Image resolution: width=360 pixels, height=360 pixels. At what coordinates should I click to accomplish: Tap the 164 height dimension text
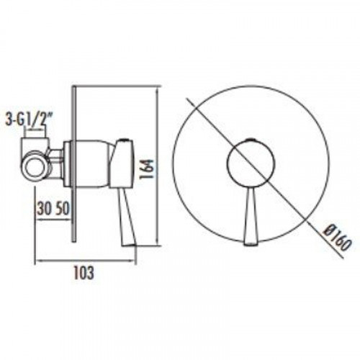tap(146, 168)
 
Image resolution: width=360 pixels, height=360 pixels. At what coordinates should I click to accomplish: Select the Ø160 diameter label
tap(337, 238)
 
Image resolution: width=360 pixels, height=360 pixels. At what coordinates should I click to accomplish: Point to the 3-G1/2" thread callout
tap(29, 120)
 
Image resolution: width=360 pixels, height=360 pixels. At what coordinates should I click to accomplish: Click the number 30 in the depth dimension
tap(44, 209)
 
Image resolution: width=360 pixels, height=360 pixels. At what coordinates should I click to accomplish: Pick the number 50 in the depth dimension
tap(62, 209)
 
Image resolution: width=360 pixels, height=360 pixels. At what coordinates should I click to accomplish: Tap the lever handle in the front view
tap(251, 217)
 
